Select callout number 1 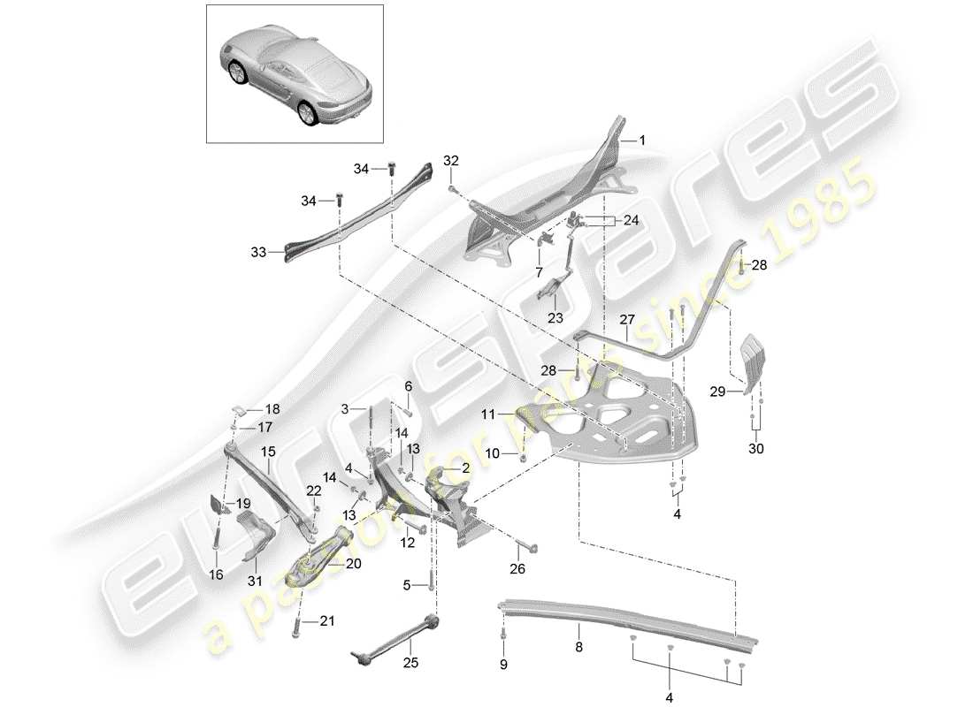pos(642,141)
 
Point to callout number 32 pos(451,162)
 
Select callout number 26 pos(517,570)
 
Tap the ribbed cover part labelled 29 pos(748,361)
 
